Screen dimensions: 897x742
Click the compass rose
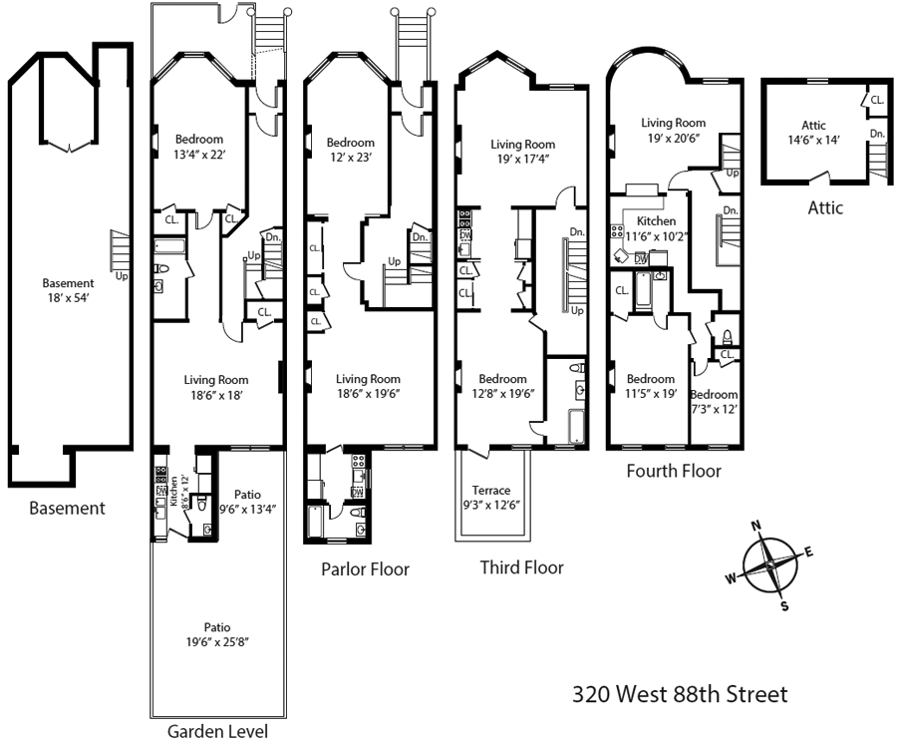[x=769, y=563]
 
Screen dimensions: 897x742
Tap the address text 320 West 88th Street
[x=680, y=693]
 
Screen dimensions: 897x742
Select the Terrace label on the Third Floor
[x=491, y=490]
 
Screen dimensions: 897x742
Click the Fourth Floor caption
[x=673, y=471]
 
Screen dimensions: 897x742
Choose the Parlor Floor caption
[x=365, y=569]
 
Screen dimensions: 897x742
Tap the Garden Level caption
[x=216, y=731]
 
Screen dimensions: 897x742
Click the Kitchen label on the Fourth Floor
[x=656, y=221]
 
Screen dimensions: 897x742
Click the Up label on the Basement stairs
[x=122, y=275]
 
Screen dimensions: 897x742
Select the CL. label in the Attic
[x=876, y=100]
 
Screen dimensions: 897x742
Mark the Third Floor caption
[x=521, y=567]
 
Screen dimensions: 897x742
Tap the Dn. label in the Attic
[x=876, y=134]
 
